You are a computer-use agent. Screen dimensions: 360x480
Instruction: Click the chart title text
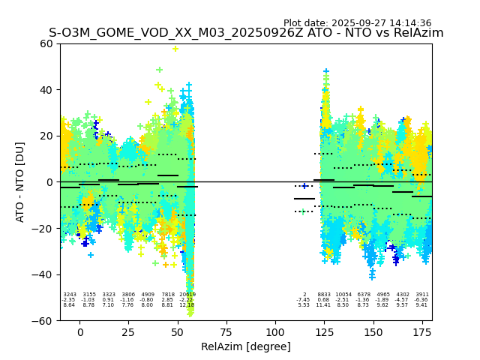(246, 33)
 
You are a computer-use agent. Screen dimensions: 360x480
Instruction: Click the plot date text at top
(357, 23)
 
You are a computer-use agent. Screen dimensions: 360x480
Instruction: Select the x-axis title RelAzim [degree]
(245, 346)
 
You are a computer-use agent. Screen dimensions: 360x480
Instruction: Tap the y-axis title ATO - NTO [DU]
(20, 181)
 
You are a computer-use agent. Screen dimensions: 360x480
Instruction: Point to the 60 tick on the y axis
(46, 43)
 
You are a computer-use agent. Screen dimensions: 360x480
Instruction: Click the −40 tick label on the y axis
(43, 274)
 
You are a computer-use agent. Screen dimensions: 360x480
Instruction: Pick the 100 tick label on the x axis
(275, 332)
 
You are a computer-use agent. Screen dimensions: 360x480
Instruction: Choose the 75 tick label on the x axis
(226, 332)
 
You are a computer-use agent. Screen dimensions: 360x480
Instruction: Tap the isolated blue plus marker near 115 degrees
(304, 186)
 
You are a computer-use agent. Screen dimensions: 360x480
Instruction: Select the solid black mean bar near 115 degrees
(304, 199)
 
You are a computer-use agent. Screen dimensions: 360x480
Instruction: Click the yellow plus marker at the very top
(175, 49)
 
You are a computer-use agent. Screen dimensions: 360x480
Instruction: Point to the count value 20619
(187, 295)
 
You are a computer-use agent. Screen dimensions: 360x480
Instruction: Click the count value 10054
(343, 295)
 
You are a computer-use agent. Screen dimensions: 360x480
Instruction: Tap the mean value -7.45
(303, 300)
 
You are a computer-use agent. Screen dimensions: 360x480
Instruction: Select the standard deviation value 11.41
(323, 305)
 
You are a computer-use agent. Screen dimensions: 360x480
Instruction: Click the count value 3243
(70, 295)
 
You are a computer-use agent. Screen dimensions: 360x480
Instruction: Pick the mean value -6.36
(422, 300)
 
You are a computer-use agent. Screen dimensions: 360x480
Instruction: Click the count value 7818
(167, 295)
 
